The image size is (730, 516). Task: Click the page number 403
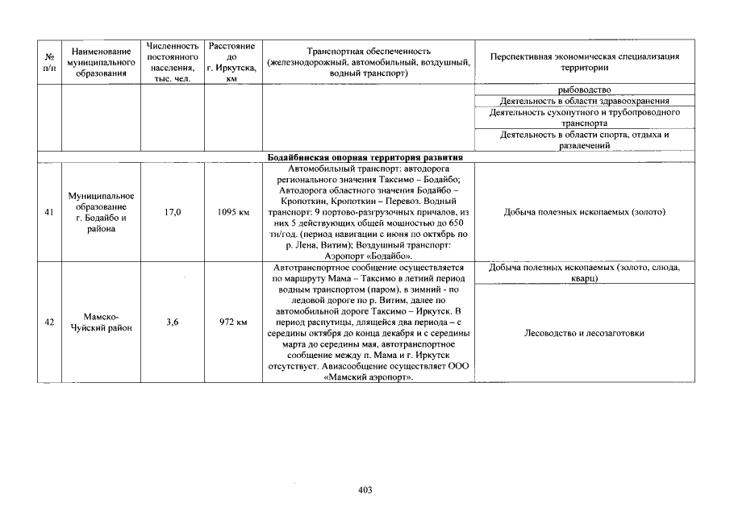click(x=365, y=489)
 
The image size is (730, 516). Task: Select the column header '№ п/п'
click(x=49, y=63)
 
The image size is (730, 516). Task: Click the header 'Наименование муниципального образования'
click(x=100, y=63)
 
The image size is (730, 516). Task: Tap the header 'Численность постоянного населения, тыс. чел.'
click(x=171, y=63)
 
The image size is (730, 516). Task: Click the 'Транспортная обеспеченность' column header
click(x=369, y=62)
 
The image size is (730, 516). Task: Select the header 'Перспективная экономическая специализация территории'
click(x=585, y=62)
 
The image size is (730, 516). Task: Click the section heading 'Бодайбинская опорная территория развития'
click(x=365, y=156)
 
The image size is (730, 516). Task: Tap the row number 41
click(x=49, y=212)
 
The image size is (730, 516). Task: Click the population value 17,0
click(x=171, y=212)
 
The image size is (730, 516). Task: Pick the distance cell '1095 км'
click(x=232, y=212)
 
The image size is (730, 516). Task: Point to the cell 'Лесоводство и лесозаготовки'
click(x=584, y=332)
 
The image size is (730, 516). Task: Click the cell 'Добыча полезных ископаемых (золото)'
click(x=584, y=212)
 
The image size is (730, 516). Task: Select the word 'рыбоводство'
click(x=584, y=89)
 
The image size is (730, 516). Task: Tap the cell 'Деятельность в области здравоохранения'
click(x=584, y=102)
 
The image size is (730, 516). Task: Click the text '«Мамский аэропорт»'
click(x=368, y=377)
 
